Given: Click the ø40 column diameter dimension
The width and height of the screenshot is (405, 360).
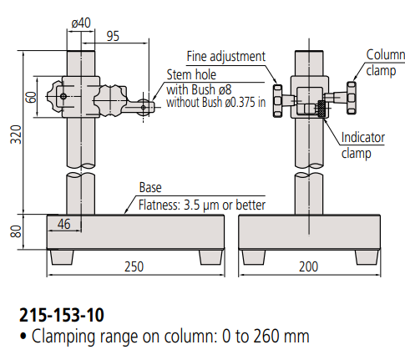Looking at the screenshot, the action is coord(81,23).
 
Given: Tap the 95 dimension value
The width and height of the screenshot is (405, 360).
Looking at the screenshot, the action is coord(113,36).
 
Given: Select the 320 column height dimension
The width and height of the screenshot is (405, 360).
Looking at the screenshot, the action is coord(16,134).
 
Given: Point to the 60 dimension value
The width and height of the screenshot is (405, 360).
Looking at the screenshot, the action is coord(31,97).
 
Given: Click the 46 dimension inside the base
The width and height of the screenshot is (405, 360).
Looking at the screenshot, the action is coord(64,224).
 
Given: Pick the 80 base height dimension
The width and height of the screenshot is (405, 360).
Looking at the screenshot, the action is coord(16,231).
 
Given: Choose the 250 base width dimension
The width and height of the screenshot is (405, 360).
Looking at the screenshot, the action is coord(134,266).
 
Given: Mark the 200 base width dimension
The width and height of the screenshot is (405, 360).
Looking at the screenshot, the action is coord(308,266).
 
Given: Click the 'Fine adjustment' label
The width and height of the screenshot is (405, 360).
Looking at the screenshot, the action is coord(226,57).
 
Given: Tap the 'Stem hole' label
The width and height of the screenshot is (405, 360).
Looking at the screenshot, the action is coord(191,74).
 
